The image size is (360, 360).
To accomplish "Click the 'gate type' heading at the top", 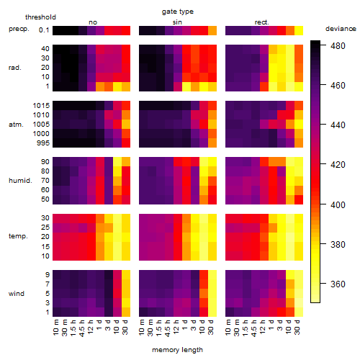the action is (x=178, y=12).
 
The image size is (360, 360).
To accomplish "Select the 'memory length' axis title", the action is (x=177, y=350).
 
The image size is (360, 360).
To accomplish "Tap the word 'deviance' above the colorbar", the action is (x=341, y=29).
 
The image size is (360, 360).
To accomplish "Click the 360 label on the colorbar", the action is (x=338, y=284).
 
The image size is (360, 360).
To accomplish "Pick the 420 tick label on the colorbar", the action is (x=338, y=165).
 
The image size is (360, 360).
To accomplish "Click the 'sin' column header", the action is (x=177, y=22).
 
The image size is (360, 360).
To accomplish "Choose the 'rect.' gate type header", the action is (x=262, y=22).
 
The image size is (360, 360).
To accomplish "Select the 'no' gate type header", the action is (x=93, y=22).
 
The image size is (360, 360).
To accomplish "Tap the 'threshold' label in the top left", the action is (x=40, y=17).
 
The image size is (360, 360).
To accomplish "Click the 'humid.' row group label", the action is (x=20, y=180).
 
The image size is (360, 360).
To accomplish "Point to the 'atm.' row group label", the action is (x=16, y=125).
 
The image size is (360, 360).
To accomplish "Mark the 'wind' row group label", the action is (x=17, y=293).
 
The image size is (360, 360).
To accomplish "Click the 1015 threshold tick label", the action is (x=41, y=106).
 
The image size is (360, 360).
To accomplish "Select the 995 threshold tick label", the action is (x=43, y=143).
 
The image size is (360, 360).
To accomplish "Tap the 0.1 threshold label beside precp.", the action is (x=44, y=30).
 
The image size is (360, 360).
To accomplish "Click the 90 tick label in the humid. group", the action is (x=45, y=162).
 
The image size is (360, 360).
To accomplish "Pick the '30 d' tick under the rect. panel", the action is (x=297, y=327).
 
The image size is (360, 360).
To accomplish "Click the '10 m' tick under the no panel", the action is (x=55, y=327).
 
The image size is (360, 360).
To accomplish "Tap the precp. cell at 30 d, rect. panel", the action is (x=299, y=30).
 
